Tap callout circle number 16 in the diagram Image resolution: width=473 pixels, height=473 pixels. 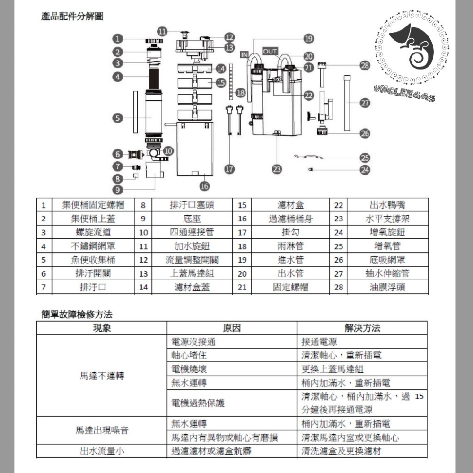(x=204, y=186)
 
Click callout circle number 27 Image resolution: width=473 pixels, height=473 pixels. (x=365, y=102)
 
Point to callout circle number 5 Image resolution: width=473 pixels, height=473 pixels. (x=118, y=118)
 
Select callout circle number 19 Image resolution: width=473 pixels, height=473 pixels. (x=308, y=39)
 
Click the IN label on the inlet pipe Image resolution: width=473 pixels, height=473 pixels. (x=244, y=54)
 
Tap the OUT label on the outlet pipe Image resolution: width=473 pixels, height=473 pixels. (x=270, y=51)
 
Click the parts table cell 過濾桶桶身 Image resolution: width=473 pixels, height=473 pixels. (x=290, y=219)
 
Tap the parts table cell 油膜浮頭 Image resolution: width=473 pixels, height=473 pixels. (x=387, y=287)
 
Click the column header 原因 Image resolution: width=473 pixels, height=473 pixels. (x=232, y=328)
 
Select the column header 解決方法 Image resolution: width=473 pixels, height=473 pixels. (x=362, y=328)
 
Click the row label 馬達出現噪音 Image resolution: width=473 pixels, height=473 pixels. (x=102, y=430)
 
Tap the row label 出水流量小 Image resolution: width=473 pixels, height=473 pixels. (x=102, y=451)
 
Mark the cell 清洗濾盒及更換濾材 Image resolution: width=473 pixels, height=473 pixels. (x=341, y=451)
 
